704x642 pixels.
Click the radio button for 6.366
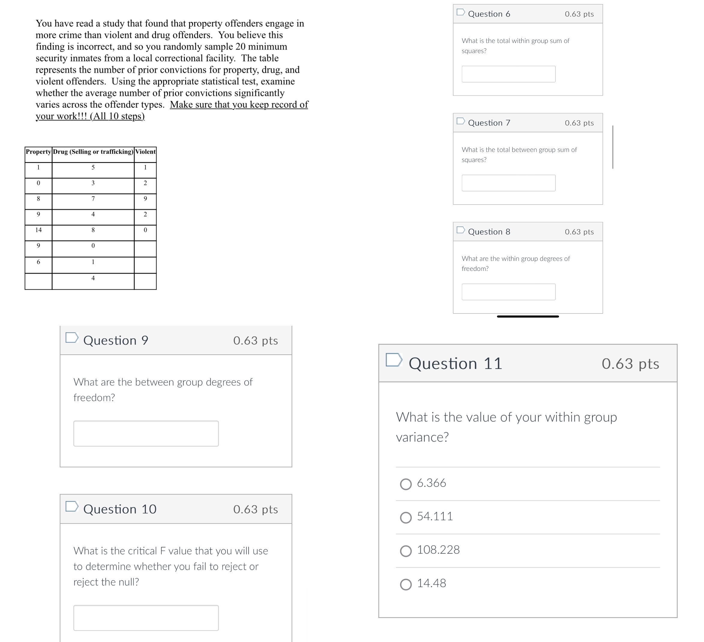tap(405, 484)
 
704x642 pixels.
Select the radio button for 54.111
tap(405, 517)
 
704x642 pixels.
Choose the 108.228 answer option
tap(405, 551)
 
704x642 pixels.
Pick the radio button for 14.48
tap(405, 584)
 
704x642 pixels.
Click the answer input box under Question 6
tap(508, 74)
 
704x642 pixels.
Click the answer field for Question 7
tap(508, 183)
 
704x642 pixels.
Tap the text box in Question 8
tap(508, 292)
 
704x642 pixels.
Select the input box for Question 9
tap(146, 433)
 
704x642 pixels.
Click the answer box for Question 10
tap(146, 618)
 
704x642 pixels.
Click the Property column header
tap(38, 151)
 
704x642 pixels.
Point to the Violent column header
tap(145, 151)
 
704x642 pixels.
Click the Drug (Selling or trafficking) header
tap(93, 151)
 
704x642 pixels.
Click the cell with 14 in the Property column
tap(38, 230)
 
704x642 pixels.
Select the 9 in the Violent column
tap(145, 199)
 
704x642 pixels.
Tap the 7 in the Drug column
tap(93, 199)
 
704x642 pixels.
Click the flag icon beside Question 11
tap(393, 360)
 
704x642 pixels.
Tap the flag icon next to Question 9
tap(72, 337)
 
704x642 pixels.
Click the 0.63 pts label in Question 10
tap(255, 509)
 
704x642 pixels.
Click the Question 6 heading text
tap(489, 14)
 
